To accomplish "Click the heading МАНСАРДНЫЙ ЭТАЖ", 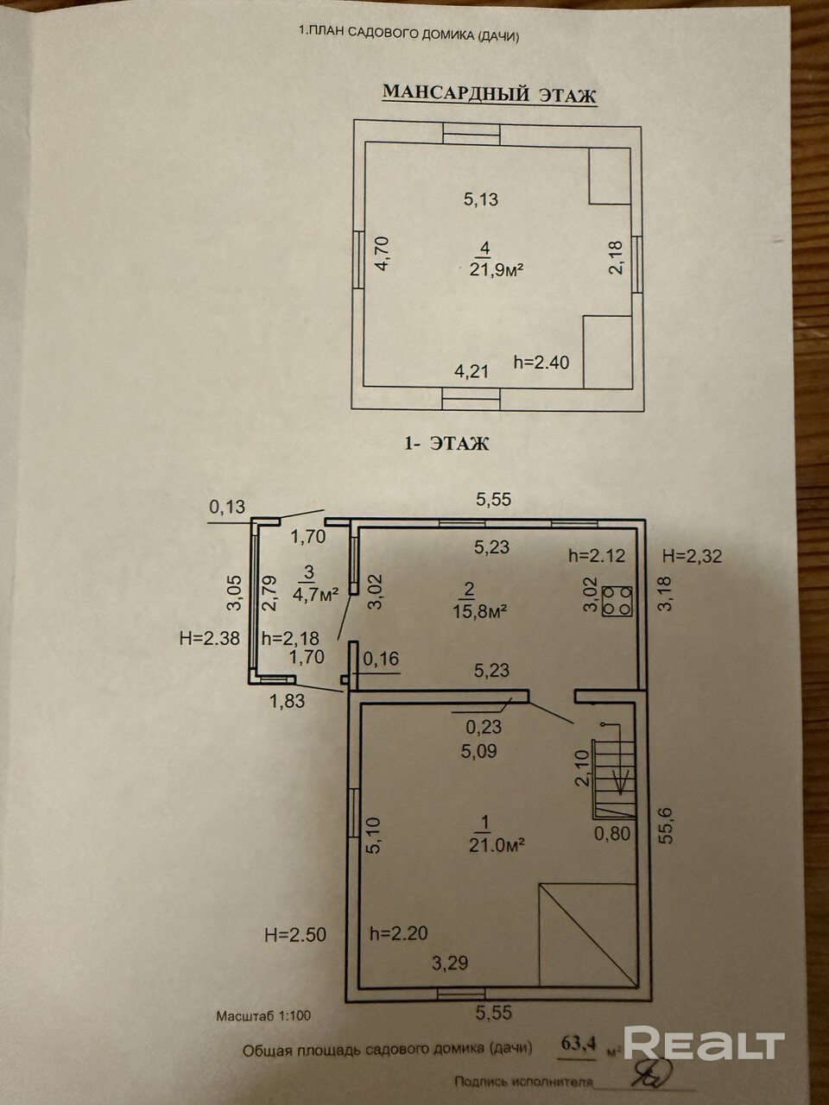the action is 489,94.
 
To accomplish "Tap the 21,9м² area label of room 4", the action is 486,269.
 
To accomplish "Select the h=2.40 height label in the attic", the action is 541,363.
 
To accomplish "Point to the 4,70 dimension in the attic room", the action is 383,256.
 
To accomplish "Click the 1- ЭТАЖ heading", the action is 446,444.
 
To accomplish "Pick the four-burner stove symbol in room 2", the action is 617,602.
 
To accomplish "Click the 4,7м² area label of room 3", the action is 315,593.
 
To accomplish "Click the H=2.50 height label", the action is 295,934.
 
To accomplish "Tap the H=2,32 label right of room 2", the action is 691,556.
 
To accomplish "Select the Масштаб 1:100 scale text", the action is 263,1016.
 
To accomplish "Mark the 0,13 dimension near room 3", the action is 227,508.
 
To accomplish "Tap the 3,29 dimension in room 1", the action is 449,963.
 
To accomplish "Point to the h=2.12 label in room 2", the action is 596,556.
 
